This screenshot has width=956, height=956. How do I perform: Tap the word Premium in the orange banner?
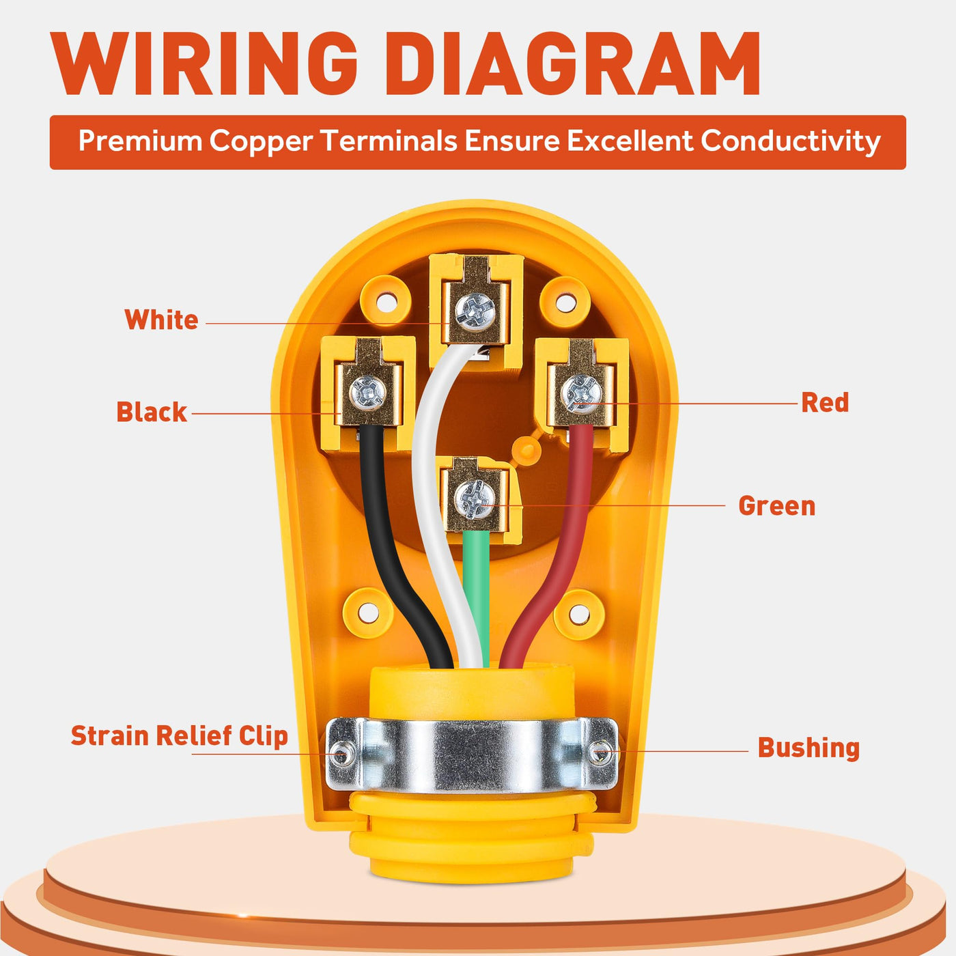pyautogui.click(x=140, y=141)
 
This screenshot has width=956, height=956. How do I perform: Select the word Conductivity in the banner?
pyautogui.click(x=791, y=141)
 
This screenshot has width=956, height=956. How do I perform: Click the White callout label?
pyautogui.click(x=161, y=320)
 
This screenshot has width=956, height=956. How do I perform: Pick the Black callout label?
pyautogui.click(x=151, y=412)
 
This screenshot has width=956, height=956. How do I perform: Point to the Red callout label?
pyautogui.click(x=825, y=403)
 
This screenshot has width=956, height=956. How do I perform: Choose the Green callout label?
pyautogui.click(x=776, y=506)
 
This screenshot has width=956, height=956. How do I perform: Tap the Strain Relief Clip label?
pyautogui.click(x=179, y=736)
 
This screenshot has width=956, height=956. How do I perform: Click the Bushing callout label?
pyautogui.click(x=809, y=748)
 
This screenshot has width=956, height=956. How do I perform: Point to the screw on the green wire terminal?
pyautogui.click(x=474, y=499)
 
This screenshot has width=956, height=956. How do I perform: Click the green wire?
pyautogui.click(x=475, y=587)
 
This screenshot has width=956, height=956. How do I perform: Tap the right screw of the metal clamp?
pyautogui.click(x=601, y=753)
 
